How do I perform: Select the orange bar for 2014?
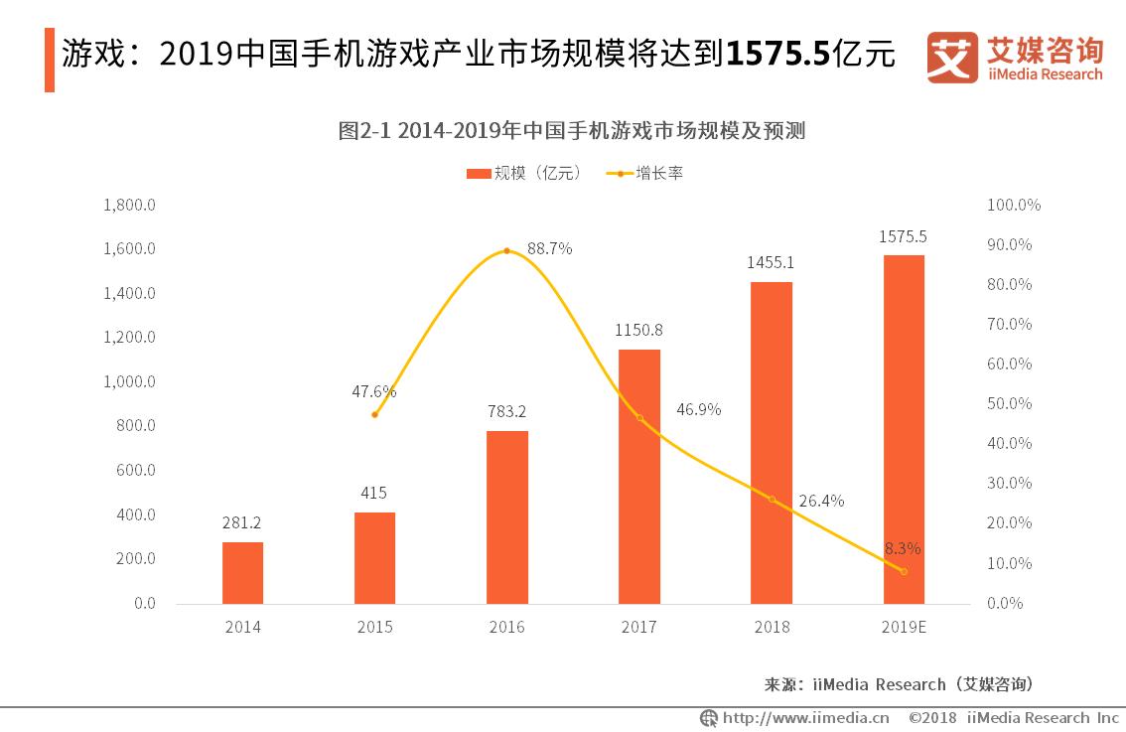(x=242, y=572)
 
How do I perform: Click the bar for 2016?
(x=506, y=516)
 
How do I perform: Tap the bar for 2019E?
(x=903, y=429)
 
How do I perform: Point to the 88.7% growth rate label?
(x=549, y=249)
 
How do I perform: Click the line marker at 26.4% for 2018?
(x=772, y=499)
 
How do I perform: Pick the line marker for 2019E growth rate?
(x=903, y=571)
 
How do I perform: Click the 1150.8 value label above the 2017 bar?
(x=638, y=330)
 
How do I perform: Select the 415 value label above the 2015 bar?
(x=374, y=493)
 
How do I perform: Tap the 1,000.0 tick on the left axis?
(x=129, y=381)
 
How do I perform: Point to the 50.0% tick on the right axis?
(x=1009, y=404)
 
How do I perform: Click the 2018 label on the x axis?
(x=772, y=628)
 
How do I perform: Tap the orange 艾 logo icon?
(x=952, y=58)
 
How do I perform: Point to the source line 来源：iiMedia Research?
(x=899, y=684)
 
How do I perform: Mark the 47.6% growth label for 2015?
(x=374, y=391)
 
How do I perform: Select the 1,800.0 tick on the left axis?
(x=129, y=205)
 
